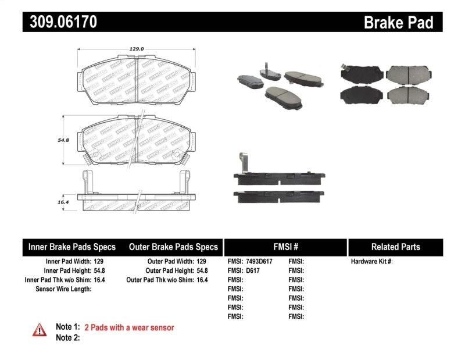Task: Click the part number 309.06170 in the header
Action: tap(60, 22)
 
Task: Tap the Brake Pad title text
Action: tap(398, 23)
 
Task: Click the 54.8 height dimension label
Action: tap(71, 140)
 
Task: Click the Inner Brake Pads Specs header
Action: tap(72, 247)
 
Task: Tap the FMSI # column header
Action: tap(285, 247)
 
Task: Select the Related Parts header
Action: tap(395, 247)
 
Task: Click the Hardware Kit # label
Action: tap(371, 262)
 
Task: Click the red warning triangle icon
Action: tap(40, 329)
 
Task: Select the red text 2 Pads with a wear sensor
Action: tap(129, 327)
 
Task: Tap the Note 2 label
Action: tap(67, 337)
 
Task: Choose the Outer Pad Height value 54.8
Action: tap(201, 270)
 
